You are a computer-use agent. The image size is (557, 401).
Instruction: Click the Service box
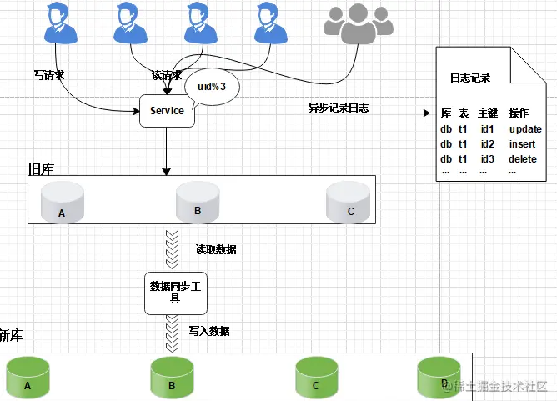point(167,111)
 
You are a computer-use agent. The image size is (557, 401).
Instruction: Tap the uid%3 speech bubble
point(212,87)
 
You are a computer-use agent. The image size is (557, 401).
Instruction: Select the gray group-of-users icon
point(358,23)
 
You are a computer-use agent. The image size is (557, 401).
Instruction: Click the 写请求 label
point(49,75)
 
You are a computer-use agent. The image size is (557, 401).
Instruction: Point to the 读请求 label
point(167,75)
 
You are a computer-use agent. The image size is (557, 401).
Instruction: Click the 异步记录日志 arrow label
point(339,108)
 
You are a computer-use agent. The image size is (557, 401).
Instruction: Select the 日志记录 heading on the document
point(470,78)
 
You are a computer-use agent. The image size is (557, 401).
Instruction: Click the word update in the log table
point(525,129)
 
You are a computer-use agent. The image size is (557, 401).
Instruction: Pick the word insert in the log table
point(522,144)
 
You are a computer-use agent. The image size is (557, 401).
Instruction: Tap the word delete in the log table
point(523,158)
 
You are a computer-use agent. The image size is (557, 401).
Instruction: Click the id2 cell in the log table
point(487,144)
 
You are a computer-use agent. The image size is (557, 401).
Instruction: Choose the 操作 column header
point(519,113)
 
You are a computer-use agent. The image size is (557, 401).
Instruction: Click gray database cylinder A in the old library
point(63,202)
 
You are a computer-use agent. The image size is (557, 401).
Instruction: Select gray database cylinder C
point(349,202)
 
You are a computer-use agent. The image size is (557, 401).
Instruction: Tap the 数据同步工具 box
point(176,293)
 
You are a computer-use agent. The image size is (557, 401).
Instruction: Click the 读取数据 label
point(216,249)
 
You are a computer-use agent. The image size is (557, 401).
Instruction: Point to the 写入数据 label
point(209,331)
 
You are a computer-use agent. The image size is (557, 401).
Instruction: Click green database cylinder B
point(173,378)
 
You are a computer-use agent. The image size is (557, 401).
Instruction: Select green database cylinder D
point(439,377)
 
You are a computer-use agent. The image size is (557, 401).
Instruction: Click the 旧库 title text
point(41,169)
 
